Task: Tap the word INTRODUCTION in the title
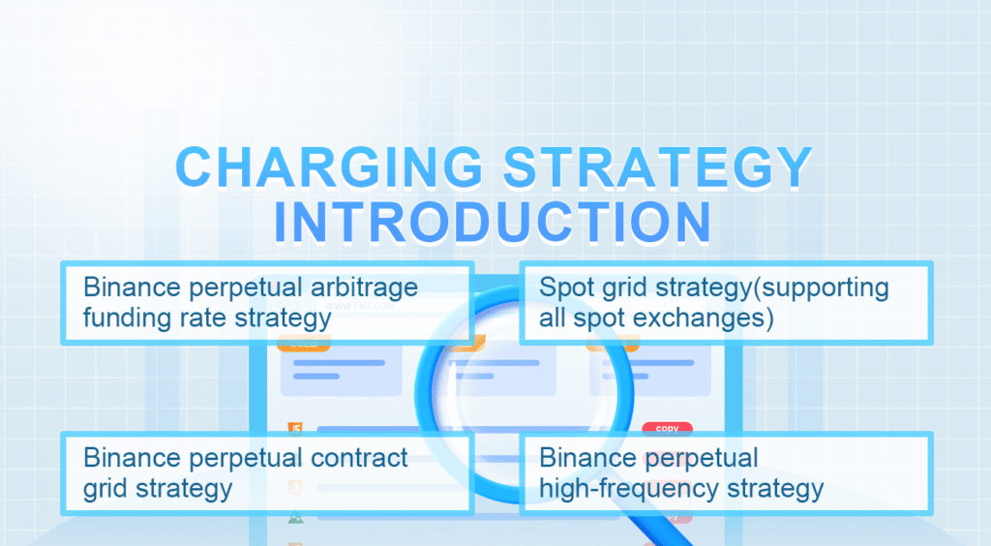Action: (x=494, y=221)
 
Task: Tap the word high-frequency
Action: (x=622, y=487)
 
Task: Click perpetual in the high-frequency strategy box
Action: (x=705, y=458)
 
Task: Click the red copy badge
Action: (x=667, y=428)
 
